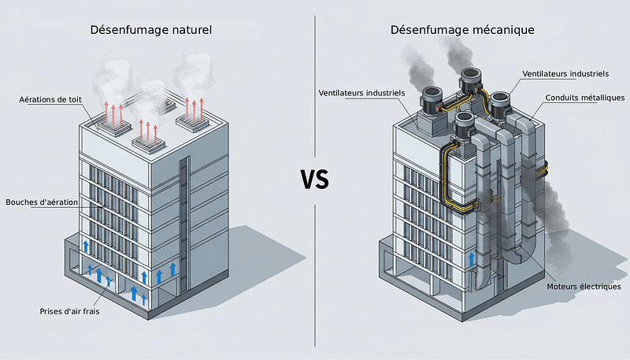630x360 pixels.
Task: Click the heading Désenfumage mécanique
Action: (x=462, y=30)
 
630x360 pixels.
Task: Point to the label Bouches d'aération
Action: (x=41, y=202)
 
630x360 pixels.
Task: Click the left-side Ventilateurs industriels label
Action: (x=361, y=93)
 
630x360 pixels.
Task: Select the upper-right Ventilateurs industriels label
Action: (x=565, y=73)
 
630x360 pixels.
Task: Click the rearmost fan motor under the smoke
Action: (x=471, y=78)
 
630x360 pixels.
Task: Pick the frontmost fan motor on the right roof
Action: (x=467, y=127)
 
